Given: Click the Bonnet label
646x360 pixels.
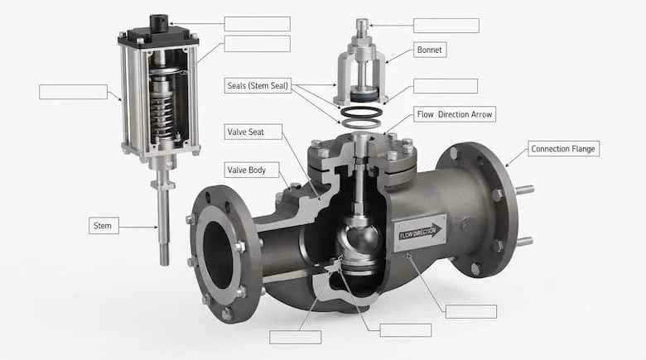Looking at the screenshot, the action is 430,50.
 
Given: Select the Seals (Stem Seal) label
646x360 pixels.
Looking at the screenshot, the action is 258,86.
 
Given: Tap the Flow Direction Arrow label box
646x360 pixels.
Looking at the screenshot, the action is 455,114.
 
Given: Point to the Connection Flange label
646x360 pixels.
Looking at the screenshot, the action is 563,149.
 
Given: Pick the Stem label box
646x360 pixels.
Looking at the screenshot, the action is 104,226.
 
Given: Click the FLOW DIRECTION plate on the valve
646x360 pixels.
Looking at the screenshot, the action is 420,233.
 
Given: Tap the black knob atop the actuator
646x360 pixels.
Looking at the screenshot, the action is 159,23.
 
